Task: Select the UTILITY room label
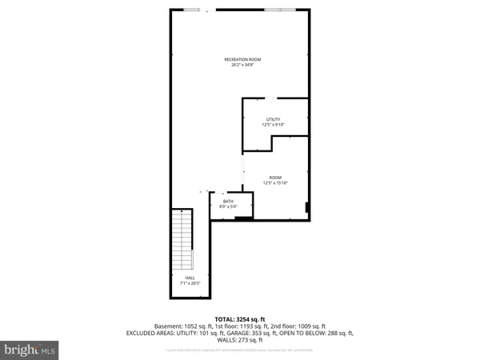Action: point(274,119)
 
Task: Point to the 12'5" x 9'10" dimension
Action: point(274,125)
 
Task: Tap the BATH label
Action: point(228,202)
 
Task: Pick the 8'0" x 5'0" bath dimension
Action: point(228,207)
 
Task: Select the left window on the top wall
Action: point(193,10)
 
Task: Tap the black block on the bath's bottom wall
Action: point(243,216)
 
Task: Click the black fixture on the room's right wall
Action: point(307,208)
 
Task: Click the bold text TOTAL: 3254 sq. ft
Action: point(241,318)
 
